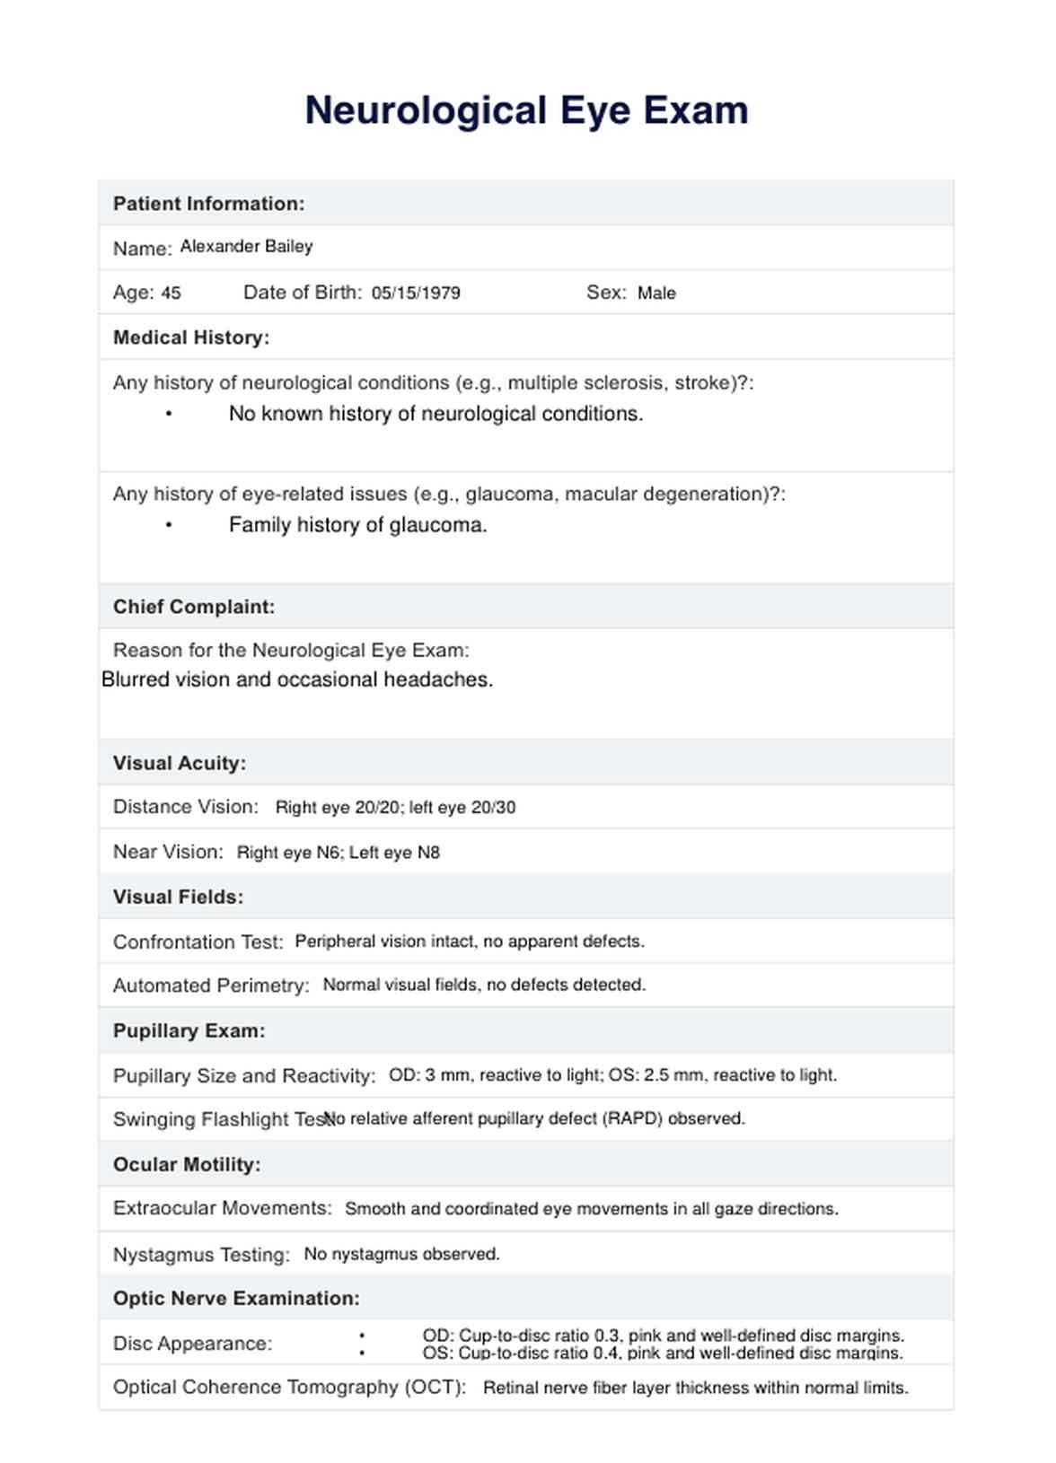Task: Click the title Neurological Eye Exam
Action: (526, 110)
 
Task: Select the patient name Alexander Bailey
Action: (246, 246)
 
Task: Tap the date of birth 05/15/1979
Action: (416, 293)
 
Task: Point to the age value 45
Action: (171, 293)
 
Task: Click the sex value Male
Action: (656, 293)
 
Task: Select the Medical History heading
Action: (191, 337)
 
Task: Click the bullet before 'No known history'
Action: (169, 414)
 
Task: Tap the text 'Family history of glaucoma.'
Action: (357, 525)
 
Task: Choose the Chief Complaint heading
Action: (194, 607)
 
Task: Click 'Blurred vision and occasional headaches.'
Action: (297, 679)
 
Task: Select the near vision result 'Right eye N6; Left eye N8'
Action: (339, 853)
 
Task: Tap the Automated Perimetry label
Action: (211, 986)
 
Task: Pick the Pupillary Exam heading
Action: (189, 1030)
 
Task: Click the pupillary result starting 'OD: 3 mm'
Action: (612, 1074)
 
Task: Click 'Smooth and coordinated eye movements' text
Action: (592, 1209)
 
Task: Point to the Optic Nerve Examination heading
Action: (236, 1298)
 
